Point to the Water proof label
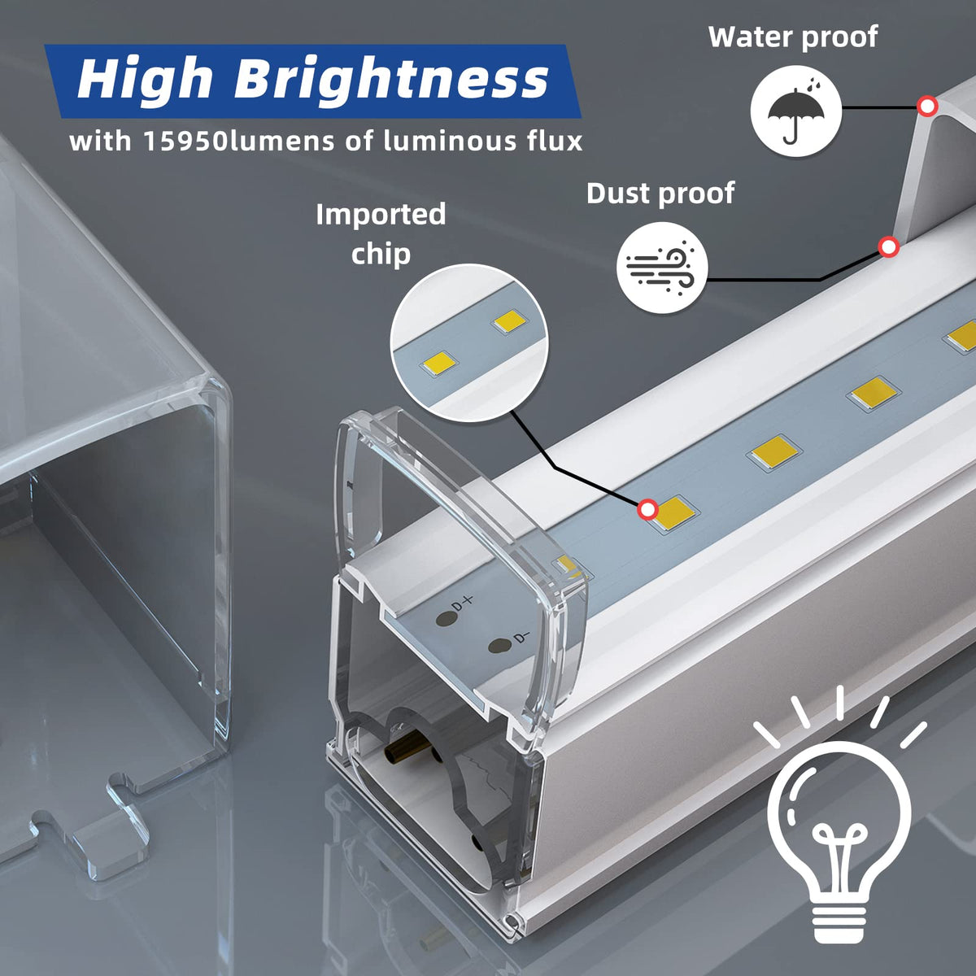(x=793, y=37)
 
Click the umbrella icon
(x=795, y=111)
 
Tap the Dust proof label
(x=660, y=194)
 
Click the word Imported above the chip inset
(x=381, y=215)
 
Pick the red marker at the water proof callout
(x=927, y=107)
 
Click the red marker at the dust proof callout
(x=888, y=248)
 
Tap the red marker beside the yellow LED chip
(x=647, y=509)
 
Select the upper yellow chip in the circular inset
(x=510, y=321)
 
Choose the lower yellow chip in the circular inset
(x=438, y=363)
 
